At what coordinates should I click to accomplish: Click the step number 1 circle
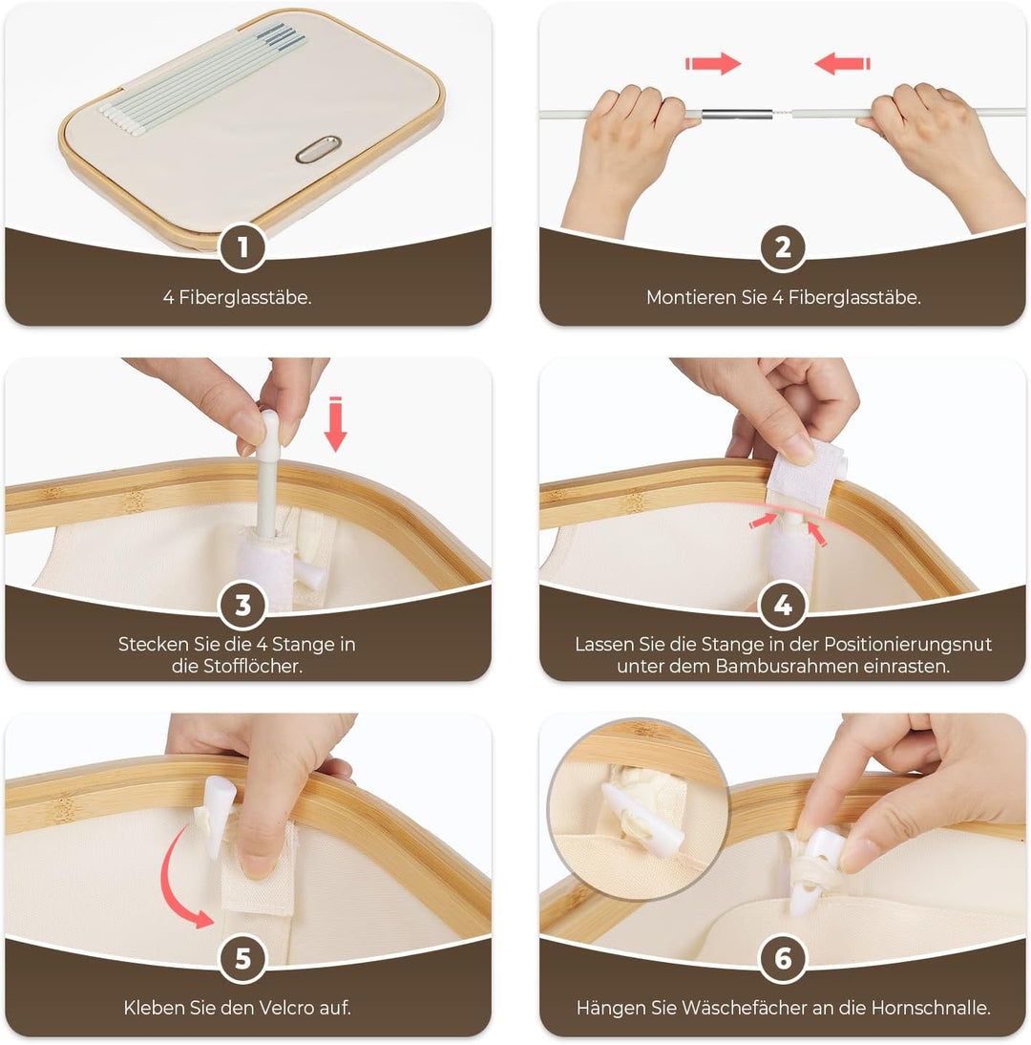(x=242, y=248)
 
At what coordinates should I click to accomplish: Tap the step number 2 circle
(x=783, y=248)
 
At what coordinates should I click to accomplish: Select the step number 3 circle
(x=242, y=606)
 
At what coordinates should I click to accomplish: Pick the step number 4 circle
(x=783, y=606)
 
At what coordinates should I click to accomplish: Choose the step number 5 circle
(x=242, y=958)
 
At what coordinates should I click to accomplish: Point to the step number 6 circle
(x=783, y=958)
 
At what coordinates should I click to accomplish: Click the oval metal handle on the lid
(x=318, y=149)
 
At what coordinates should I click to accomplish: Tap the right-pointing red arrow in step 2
(x=713, y=63)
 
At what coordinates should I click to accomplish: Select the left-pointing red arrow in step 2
(x=842, y=63)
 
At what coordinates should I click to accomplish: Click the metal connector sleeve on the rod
(x=737, y=114)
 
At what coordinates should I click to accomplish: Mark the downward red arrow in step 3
(x=336, y=424)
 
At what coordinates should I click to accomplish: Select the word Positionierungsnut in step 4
(x=908, y=645)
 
